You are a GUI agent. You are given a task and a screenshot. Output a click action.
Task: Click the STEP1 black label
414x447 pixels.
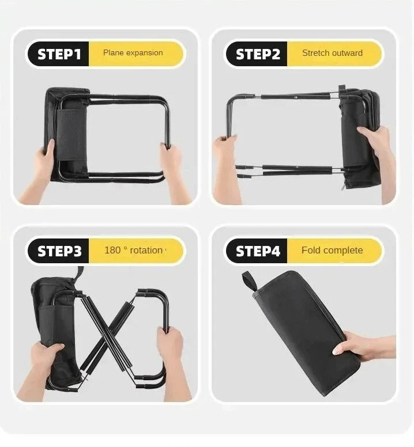coord(58,54)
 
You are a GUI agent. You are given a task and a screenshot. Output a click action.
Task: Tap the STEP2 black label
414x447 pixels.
coord(257,54)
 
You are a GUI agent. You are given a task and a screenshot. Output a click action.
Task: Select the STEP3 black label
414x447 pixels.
coord(58,251)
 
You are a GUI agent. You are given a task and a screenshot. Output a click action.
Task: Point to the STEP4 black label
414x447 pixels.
coord(257,251)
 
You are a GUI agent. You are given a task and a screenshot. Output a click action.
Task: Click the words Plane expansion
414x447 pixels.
coord(133,53)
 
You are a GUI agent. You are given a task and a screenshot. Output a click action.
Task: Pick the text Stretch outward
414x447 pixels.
coord(332,53)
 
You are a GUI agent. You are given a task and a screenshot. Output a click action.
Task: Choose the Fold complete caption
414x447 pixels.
coord(332,251)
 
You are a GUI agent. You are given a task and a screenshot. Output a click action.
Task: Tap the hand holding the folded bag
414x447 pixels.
coord(362,346)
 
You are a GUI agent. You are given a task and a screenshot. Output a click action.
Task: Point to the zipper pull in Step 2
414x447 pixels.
coord(343,187)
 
